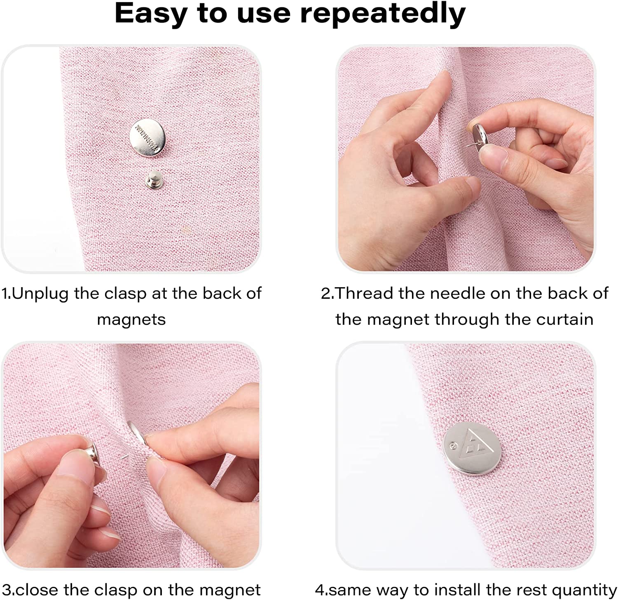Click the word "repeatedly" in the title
coord(383,14)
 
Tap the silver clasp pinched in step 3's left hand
coord(88,450)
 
